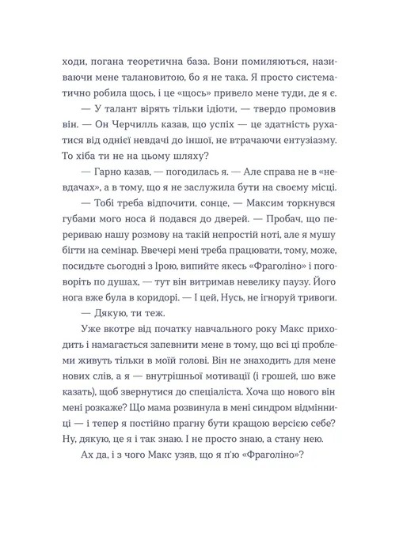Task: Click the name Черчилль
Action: pos(112,123)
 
